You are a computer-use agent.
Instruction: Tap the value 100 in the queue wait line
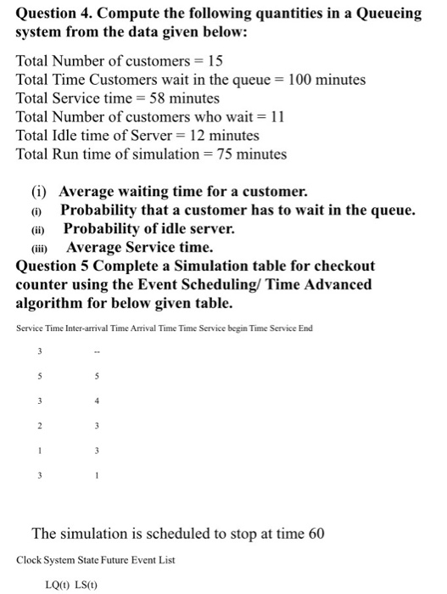pyautogui.click(x=301, y=80)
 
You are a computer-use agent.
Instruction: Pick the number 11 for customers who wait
pyautogui.click(x=274, y=117)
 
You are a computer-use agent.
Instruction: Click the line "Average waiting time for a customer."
pyautogui.click(x=182, y=192)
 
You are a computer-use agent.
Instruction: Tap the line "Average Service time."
pyautogui.click(x=139, y=248)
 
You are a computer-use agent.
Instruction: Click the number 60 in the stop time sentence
pyautogui.click(x=314, y=534)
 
